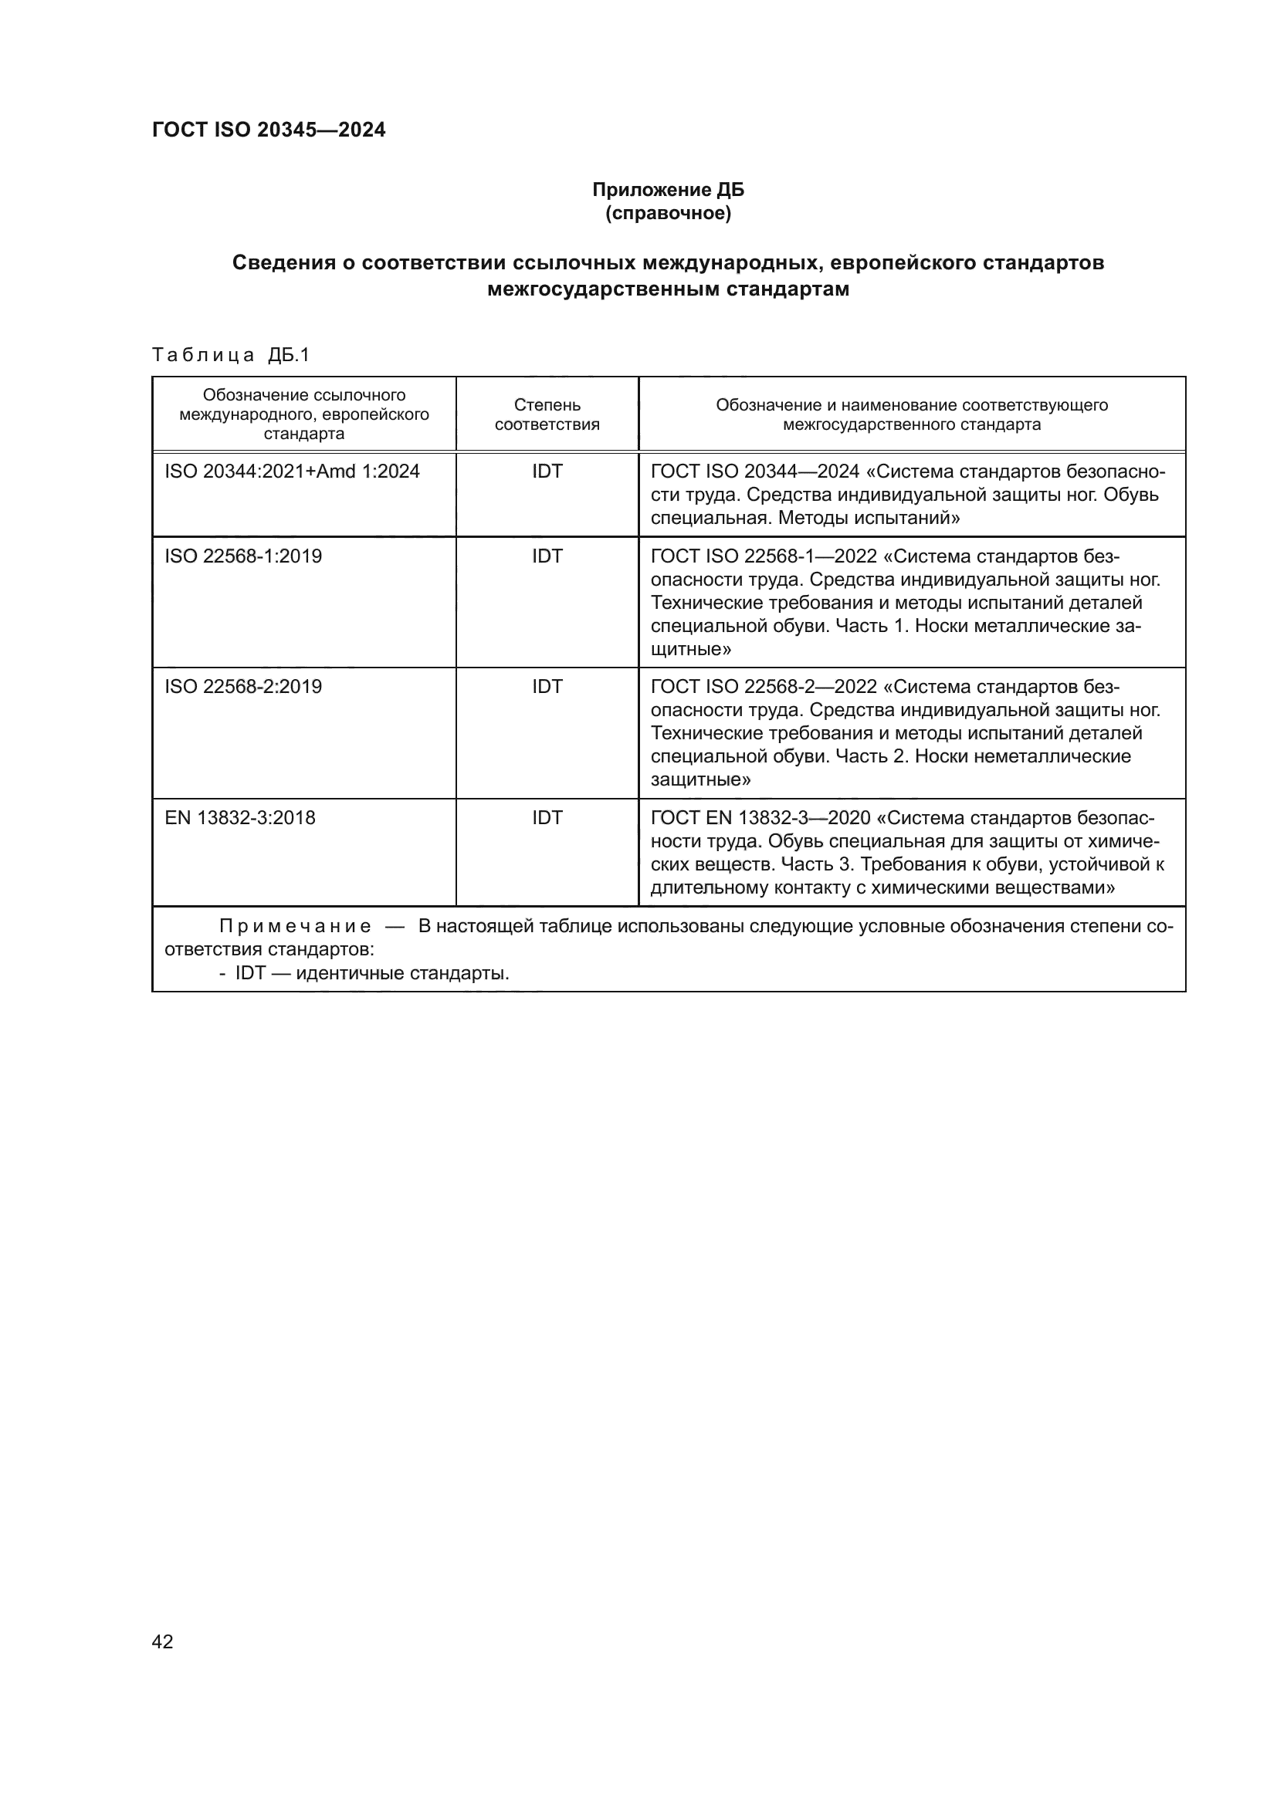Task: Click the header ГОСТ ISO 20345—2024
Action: point(268,130)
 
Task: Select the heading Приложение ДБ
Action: point(668,190)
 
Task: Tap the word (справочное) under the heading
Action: point(668,214)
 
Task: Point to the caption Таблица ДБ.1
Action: point(230,355)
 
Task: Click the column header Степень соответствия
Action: point(547,414)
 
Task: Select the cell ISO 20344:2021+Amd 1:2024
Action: point(292,472)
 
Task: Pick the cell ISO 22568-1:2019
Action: point(243,556)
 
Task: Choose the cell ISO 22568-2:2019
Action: point(243,687)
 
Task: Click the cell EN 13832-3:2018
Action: point(240,818)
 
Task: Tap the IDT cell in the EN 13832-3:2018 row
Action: point(547,818)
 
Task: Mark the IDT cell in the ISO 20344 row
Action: point(547,472)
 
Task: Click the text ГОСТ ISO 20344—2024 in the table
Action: point(755,472)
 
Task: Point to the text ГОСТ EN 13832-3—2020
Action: point(756,818)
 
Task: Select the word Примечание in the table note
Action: point(295,927)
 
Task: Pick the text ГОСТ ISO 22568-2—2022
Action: point(764,687)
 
